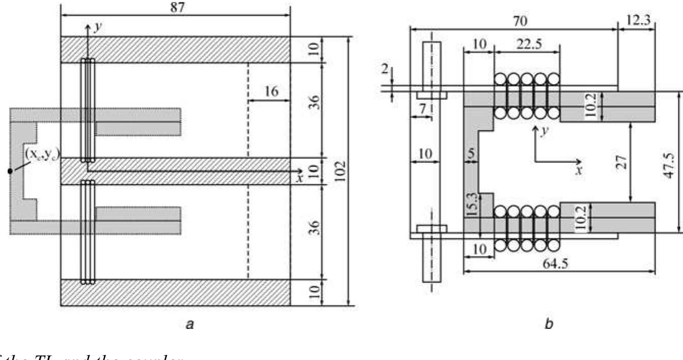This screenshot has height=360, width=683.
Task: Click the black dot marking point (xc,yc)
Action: point(9,171)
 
